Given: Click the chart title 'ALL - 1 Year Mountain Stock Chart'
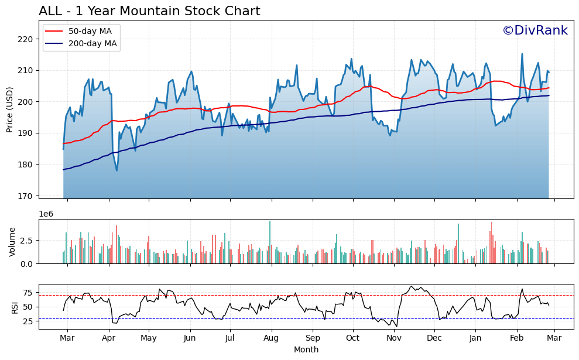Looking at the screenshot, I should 149,11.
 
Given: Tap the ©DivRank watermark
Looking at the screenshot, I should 535,30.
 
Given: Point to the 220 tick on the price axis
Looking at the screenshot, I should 28,39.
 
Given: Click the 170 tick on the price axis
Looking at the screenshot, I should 28,196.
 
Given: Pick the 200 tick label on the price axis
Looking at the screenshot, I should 28,102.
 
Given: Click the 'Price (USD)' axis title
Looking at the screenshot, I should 10,109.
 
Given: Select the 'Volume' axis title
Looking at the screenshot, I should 12,241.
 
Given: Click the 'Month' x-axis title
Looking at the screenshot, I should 306,350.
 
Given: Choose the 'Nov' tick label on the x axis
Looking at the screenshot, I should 394,338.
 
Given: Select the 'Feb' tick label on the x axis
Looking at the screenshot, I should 516,338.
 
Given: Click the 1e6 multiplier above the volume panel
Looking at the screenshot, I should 46,214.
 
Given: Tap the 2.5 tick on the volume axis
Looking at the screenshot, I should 27,241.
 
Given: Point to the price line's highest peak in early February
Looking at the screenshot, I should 522,54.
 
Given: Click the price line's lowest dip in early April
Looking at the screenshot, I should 117,170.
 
